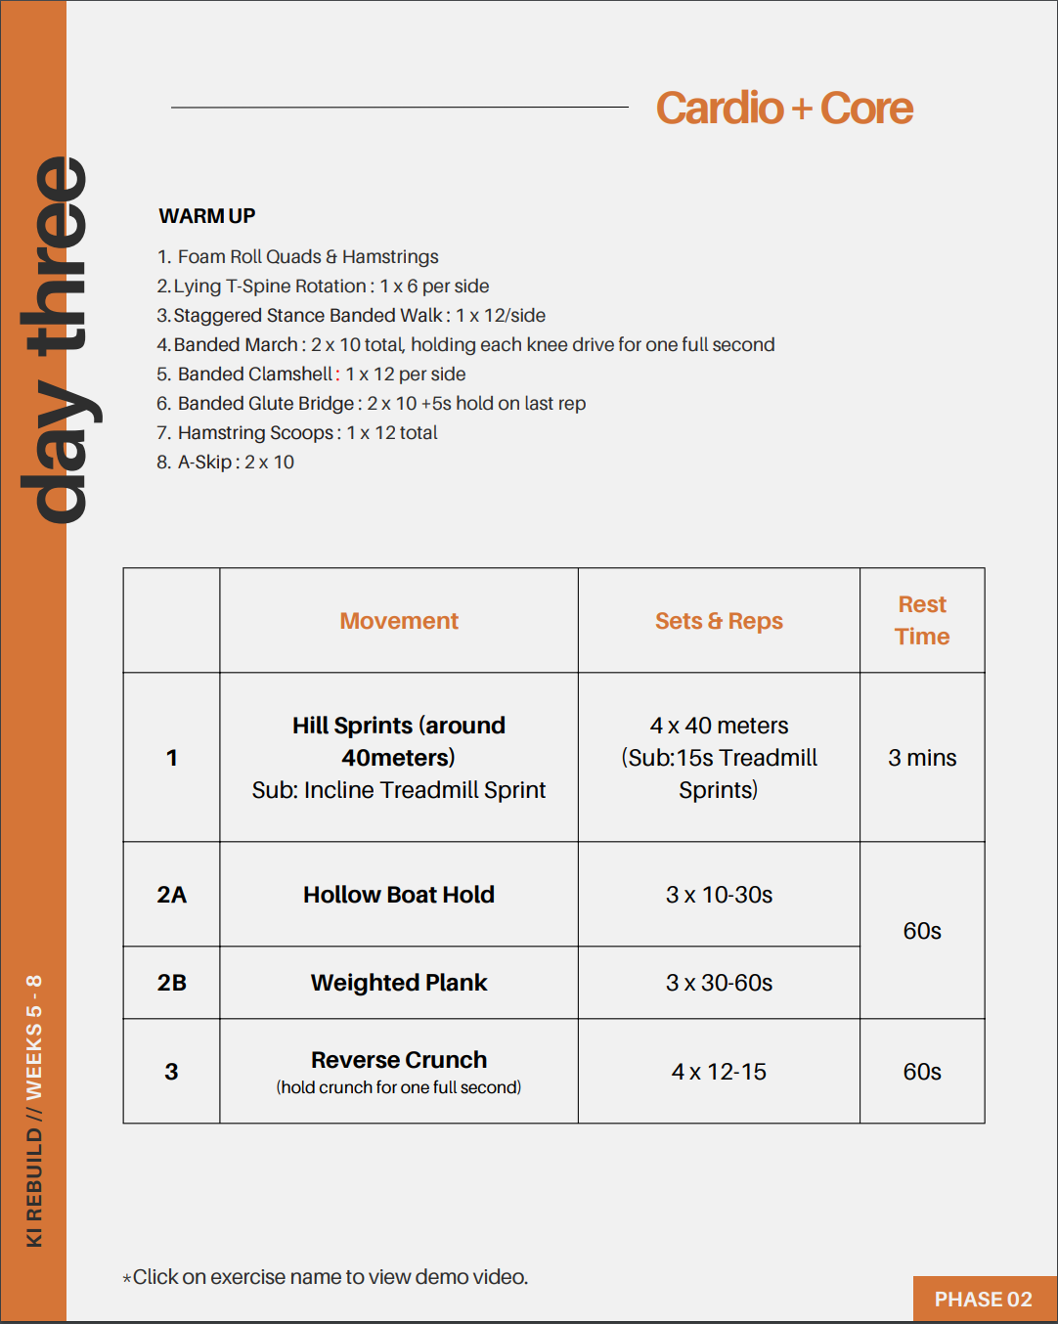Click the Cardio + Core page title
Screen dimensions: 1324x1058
click(784, 109)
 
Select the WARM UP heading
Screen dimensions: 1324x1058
click(207, 216)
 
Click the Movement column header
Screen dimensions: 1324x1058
click(399, 621)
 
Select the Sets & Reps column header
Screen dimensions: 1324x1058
click(719, 621)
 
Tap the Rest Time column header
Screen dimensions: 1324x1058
click(922, 620)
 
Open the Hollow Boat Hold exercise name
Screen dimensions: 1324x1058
click(399, 895)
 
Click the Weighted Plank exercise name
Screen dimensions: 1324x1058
click(399, 983)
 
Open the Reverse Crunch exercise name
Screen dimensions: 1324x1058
click(399, 1060)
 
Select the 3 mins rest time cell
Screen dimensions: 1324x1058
click(922, 758)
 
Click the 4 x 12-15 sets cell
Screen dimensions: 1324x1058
click(719, 1072)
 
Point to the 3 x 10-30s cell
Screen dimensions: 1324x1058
click(719, 895)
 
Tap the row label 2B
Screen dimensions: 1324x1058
click(172, 983)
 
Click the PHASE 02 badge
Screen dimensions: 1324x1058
click(984, 1300)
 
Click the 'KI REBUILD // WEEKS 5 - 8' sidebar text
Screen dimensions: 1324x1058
click(34, 1111)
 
